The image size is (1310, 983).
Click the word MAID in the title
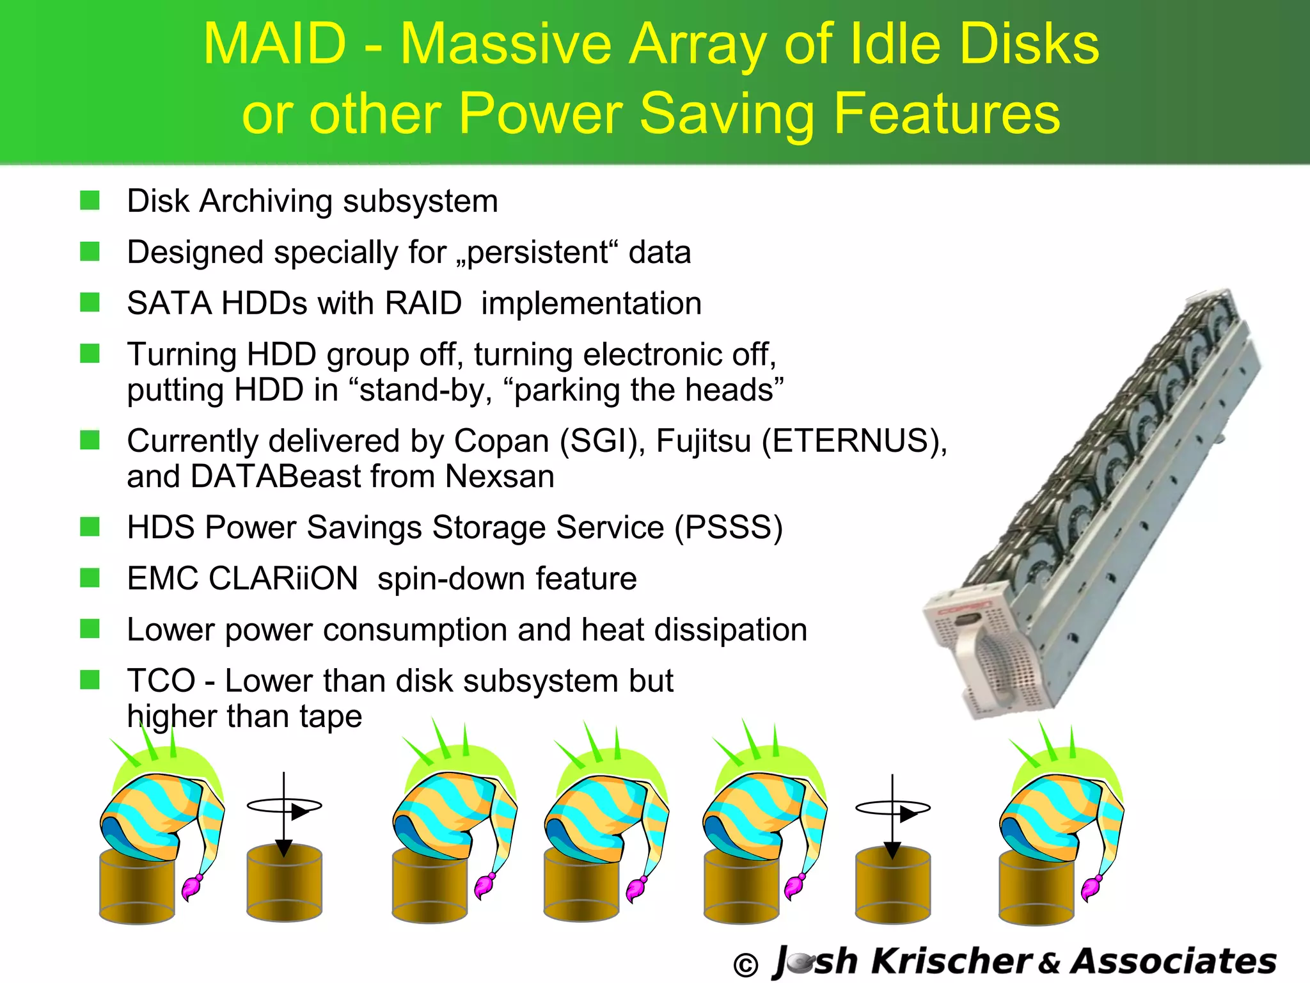275,45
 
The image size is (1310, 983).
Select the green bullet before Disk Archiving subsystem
90,201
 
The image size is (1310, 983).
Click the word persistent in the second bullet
537,253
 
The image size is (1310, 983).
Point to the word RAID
423,303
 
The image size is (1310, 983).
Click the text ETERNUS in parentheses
851,441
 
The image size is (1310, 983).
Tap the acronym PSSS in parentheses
729,528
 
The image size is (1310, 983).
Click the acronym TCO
161,681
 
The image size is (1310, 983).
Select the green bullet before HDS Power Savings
90,527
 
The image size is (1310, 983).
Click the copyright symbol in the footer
745,964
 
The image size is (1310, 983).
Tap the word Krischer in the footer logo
951,961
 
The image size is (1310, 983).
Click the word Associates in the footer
1174,961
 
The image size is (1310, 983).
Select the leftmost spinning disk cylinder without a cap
284,883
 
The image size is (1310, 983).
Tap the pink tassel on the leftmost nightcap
191,887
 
